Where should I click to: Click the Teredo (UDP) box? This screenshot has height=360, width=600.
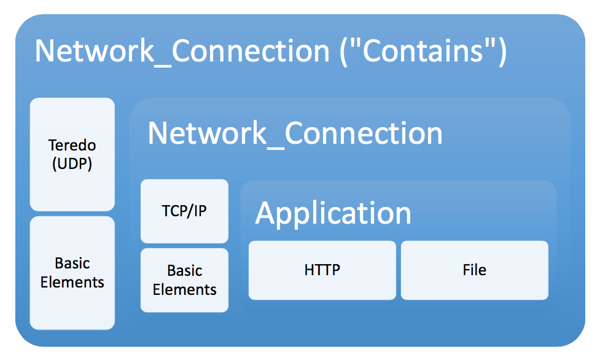point(72,154)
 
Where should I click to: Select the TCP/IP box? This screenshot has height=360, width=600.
point(184,211)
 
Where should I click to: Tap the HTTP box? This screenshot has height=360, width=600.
point(322,270)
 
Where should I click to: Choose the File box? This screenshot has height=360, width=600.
point(474,270)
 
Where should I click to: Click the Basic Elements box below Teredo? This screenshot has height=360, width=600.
point(72,273)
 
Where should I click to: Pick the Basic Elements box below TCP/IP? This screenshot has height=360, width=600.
point(184,280)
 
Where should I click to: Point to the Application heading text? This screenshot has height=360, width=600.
point(333,213)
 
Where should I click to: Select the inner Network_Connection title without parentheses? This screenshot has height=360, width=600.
point(295,133)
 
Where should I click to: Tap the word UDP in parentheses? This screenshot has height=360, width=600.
point(72,164)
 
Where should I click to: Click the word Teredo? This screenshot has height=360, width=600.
point(72,146)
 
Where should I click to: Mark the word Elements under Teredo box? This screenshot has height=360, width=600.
point(72,283)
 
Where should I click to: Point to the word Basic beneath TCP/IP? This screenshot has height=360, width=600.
point(184,270)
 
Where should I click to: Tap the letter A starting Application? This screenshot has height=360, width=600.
point(265,213)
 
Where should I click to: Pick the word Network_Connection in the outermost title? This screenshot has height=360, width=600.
point(182,51)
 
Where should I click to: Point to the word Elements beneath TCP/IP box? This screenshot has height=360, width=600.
point(184,289)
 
